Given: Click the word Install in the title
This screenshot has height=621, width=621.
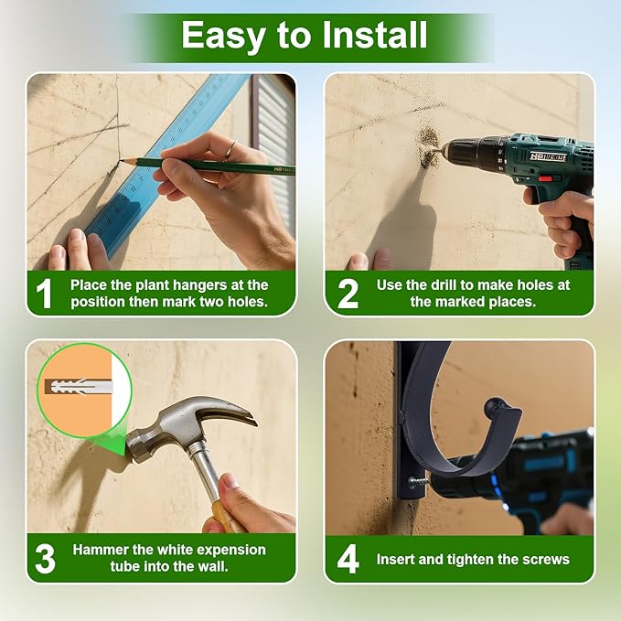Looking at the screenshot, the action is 375,35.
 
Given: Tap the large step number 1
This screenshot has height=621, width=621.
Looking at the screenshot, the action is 44,294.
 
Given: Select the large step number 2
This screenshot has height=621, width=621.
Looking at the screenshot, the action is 348,294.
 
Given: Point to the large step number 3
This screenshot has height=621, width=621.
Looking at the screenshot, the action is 45,559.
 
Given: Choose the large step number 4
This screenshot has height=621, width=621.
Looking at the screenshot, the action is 348,559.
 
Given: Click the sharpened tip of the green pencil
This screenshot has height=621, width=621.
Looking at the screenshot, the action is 121,160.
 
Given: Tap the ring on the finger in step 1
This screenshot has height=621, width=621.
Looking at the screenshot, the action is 232,148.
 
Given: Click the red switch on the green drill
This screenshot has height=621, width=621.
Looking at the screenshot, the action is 545,178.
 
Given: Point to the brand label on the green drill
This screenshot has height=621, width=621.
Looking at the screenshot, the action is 548,156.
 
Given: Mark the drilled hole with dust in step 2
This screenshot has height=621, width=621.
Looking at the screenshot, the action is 428,147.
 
